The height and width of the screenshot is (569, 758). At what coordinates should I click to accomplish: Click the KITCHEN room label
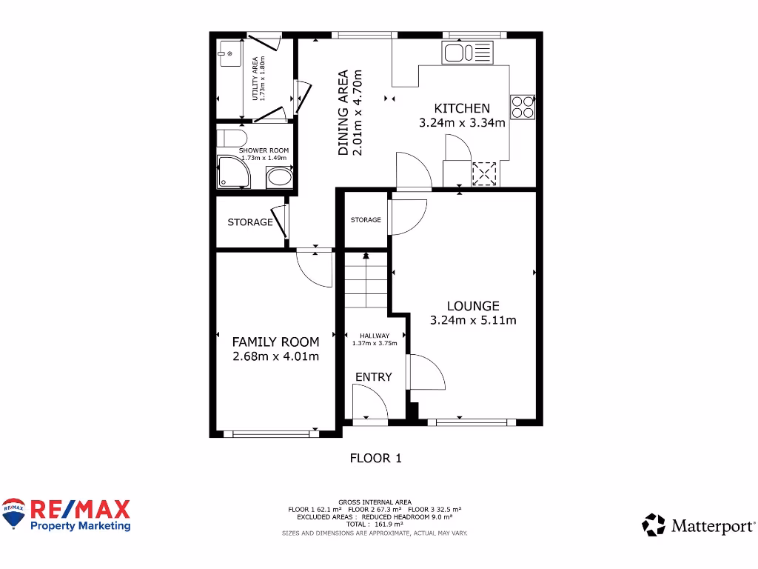tap(462, 108)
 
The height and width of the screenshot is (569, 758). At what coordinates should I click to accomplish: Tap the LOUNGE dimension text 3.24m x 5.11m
tap(473, 321)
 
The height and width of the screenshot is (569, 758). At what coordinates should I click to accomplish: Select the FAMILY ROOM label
tap(275, 342)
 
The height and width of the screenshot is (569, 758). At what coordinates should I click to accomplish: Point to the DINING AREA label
tap(343, 113)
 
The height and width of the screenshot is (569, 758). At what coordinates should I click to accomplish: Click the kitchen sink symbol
tap(466, 53)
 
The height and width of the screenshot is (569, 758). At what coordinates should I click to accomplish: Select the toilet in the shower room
tap(232, 139)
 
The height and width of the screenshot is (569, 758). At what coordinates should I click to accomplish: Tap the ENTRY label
tap(373, 377)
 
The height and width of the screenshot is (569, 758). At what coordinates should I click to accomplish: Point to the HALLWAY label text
tap(375, 335)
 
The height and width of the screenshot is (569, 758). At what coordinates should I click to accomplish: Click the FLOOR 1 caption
tap(375, 459)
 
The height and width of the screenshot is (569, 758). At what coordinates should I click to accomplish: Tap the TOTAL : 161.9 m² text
tap(375, 525)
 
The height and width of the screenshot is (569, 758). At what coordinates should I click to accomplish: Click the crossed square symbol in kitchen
tap(483, 174)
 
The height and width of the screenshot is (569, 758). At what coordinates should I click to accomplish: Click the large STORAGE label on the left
tap(250, 222)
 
